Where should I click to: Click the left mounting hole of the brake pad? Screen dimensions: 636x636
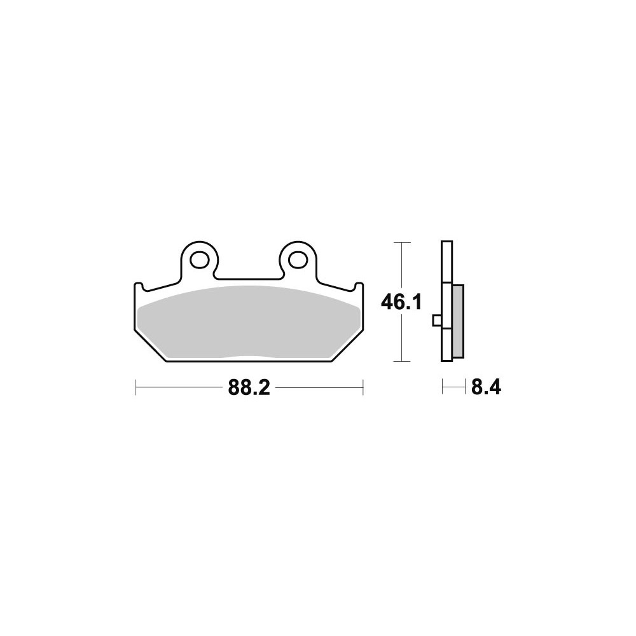coord(199,260)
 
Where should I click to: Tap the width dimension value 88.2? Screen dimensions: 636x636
coord(249,388)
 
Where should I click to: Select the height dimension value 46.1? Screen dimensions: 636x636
coord(401,302)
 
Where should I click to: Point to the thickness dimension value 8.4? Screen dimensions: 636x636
coord(486,388)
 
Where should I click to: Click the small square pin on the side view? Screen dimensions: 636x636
coord(438,321)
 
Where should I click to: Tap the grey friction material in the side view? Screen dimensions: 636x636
coord(457,322)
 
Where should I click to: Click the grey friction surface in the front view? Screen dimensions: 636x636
coord(249,322)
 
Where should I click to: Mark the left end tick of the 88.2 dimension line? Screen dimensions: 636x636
coord(135,388)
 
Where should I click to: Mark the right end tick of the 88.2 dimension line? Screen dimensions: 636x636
coord(363,388)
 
